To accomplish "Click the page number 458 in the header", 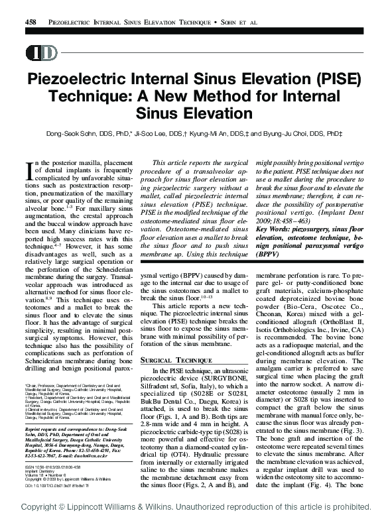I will click(x=30, y=22).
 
